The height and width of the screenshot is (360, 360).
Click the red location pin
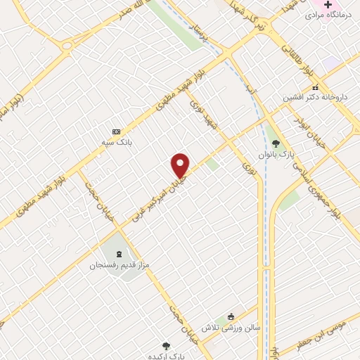[x=181, y=165]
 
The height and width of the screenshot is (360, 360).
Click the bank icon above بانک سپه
[x=116, y=131]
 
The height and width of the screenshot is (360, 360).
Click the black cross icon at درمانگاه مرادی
[x=328, y=4]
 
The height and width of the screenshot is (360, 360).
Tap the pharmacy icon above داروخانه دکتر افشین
[x=315, y=88]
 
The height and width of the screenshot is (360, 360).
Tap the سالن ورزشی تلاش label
[x=231, y=328]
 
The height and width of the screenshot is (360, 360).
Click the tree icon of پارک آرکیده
[x=167, y=345]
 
